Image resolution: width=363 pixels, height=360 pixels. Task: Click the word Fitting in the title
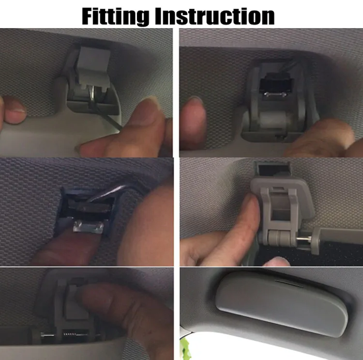click(x=115, y=16)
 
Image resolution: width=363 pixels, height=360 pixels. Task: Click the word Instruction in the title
click(x=214, y=16)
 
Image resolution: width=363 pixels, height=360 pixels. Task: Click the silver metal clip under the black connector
click(x=275, y=94)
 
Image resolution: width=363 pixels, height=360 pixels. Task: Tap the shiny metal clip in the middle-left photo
click(x=88, y=227)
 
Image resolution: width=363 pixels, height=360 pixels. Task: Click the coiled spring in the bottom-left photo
click(x=69, y=334)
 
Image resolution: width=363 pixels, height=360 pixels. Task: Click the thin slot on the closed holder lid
click(x=288, y=283)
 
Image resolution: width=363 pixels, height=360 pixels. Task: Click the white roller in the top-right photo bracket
click(x=273, y=119)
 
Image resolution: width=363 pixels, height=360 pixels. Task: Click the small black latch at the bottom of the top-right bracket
click(x=281, y=136)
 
